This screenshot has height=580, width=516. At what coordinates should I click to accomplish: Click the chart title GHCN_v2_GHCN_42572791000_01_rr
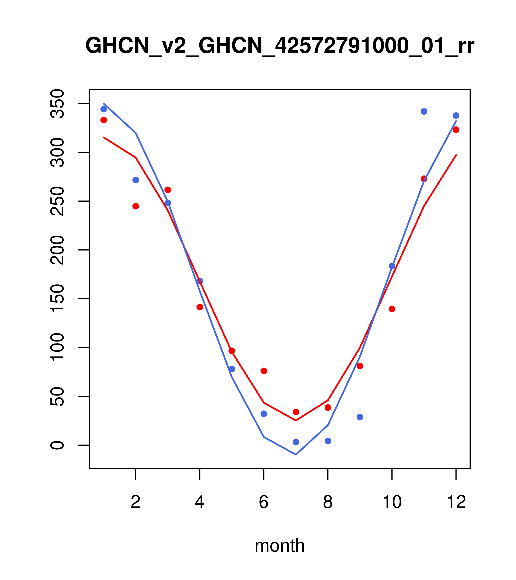(x=279, y=46)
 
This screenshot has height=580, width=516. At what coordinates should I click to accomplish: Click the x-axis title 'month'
(x=279, y=545)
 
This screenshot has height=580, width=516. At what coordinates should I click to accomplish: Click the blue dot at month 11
(x=424, y=112)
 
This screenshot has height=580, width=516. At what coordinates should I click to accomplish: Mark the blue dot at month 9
(x=360, y=417)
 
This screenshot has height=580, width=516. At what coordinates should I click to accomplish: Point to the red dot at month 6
(x=264, y=371)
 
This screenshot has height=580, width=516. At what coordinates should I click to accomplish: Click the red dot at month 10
(x=392, y=309)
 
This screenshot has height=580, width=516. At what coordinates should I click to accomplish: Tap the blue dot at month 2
(x=136, y=180)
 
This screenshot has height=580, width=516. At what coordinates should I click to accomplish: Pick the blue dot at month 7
(x=296, y=442)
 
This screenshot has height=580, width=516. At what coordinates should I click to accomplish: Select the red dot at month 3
(x=168, y=190)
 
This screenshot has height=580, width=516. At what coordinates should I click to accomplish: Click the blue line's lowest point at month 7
(x=296, y=455)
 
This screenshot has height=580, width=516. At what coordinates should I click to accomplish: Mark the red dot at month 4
(x=200, y=307)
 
